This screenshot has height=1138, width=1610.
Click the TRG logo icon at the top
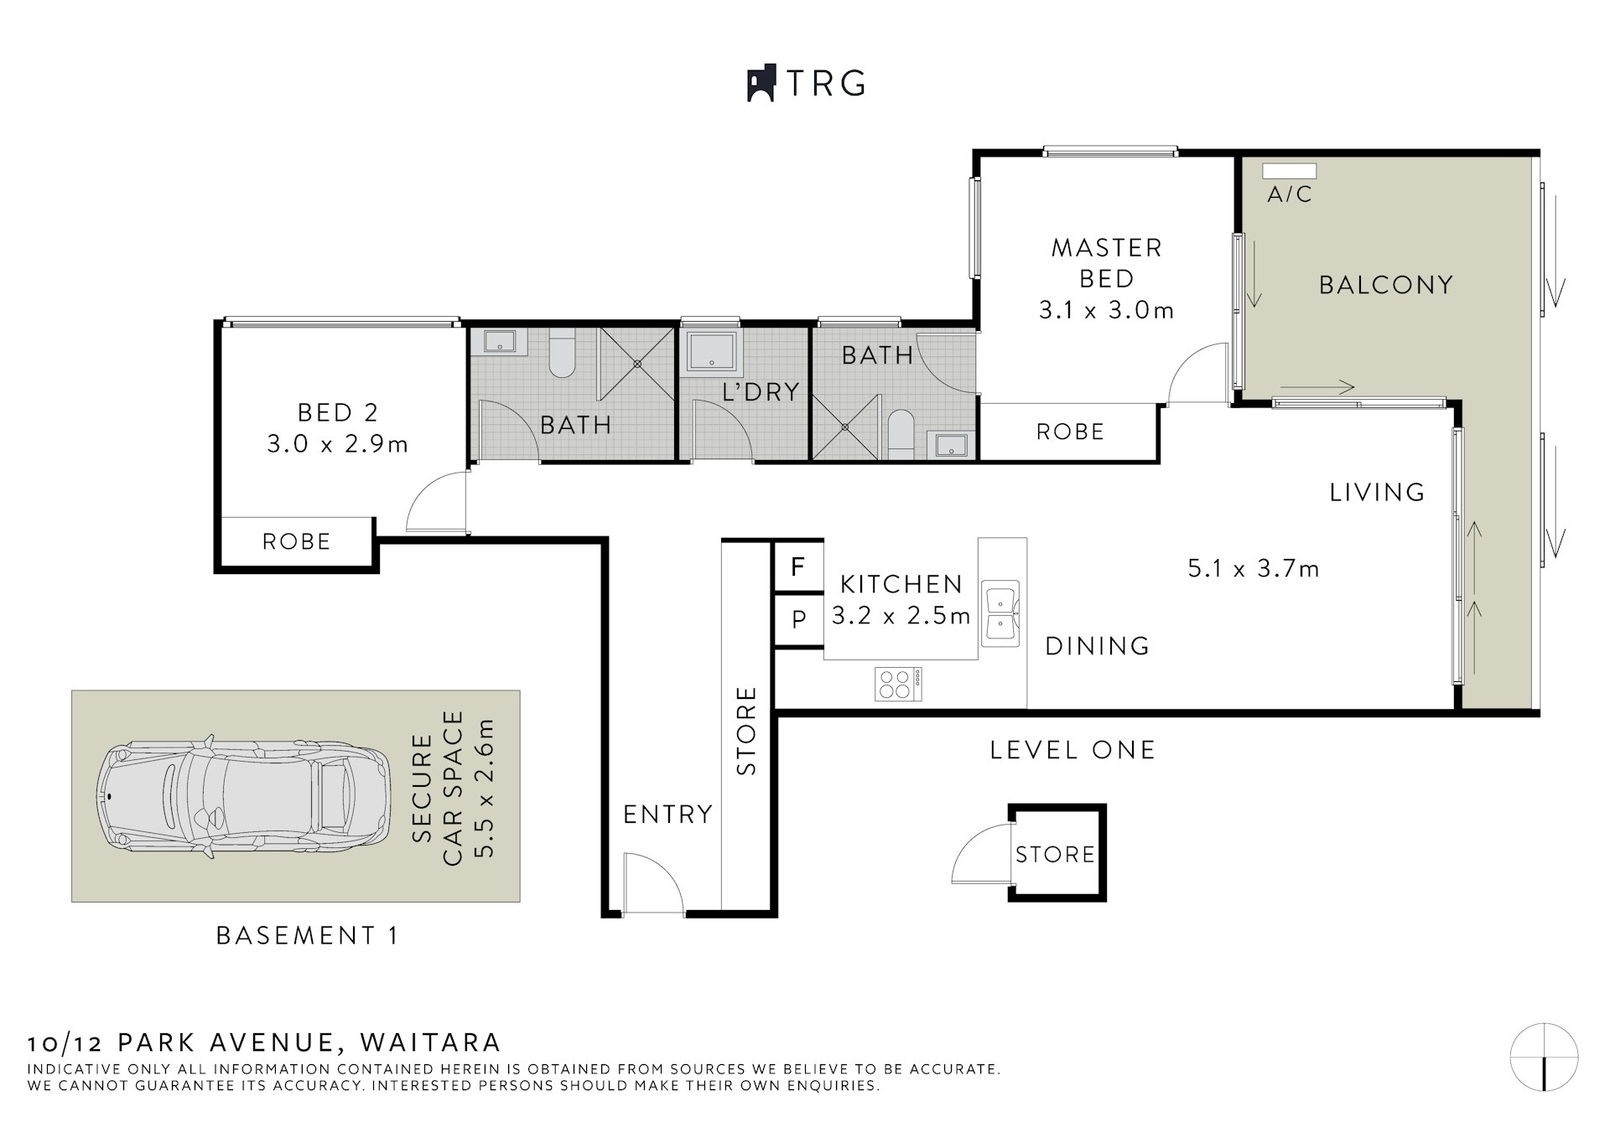coord(761,84)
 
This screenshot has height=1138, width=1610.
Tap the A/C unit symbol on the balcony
coord(1289,171)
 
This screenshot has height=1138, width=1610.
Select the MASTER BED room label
coord(1106,262)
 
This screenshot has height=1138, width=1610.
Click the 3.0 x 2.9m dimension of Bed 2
coord(337,444)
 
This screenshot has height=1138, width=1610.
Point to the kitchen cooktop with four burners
coord(898,684)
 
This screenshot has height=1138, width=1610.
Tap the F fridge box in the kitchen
coord(797,567)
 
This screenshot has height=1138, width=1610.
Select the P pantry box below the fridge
coord(798,619)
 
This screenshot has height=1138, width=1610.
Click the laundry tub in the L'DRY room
coord(712,351)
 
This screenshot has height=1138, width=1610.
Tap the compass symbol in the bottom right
coord(1544,1057)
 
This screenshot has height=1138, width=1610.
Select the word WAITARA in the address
coord(430,1042)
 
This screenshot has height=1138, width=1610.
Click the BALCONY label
coord(1385,285)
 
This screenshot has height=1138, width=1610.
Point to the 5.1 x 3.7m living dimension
coord(1253,569)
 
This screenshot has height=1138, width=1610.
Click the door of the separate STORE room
coord(980,853)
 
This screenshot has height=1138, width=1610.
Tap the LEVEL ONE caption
coord(1072,749)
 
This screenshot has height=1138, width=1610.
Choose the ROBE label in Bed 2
coord(296,541)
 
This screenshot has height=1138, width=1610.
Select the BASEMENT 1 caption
coord(307,935)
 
